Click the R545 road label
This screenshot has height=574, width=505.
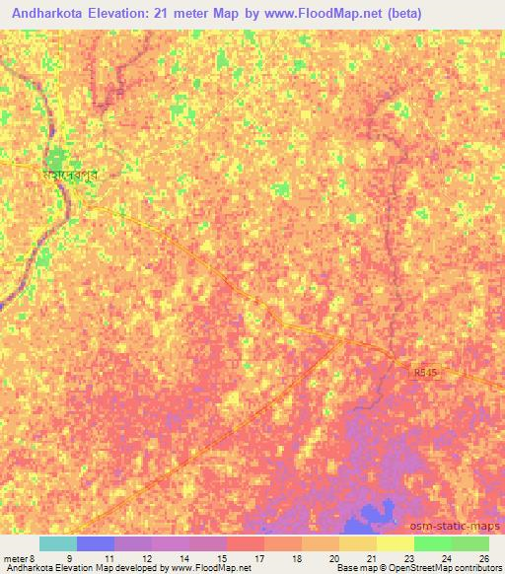point(425,373)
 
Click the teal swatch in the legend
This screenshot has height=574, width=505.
point(57,543)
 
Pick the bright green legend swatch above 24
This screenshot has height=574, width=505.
point(433,543)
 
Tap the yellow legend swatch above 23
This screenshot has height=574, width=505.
point(396,543)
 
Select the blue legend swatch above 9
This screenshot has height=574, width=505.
point(95,543)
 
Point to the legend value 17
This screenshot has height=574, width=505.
point(258,557)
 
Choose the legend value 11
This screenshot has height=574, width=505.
point(108,557)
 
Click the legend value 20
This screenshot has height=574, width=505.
point(332,557)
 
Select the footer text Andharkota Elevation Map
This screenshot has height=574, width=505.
point(49,569)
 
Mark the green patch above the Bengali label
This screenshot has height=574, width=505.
point(57,157)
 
